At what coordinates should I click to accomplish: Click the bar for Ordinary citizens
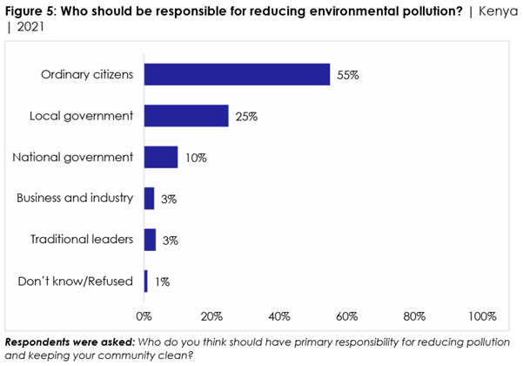(x=237, y=74)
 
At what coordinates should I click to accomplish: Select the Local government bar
(x=186, y=116)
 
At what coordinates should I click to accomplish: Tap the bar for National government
(x=161, y=157)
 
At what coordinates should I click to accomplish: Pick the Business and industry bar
(x=149, y=199)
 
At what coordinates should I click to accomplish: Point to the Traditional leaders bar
(x=150, y=240)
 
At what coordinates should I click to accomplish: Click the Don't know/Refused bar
(x=146, y=281)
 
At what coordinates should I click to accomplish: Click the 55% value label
(x=348, y=75)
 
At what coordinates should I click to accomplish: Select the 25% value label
(x=246, y=117)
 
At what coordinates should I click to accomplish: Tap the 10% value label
(x=196, y=158)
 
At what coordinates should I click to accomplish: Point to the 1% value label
(x=163, y=282)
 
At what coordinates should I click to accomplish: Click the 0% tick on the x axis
(x=144, y=315)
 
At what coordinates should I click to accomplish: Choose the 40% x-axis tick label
(x=279, y=315)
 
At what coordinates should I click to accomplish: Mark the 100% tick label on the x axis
(x=482, y=315)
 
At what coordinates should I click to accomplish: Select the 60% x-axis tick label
(x=347, y=315)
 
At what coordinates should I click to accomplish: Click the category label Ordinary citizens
(x=87, y=74)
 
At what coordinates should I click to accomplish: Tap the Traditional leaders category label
(x=82, y=240)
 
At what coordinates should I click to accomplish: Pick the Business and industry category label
(x=75, y=199)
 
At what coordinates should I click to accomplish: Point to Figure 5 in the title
(x=29, y=8)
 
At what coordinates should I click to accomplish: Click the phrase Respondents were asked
(x=58, y=342)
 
